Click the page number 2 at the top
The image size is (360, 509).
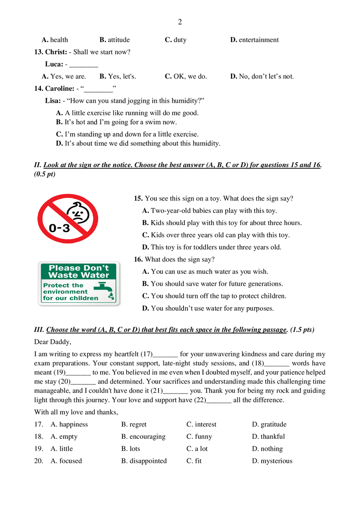tap(180, 22)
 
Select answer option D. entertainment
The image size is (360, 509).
tap(254, 40)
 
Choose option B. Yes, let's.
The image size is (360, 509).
tap(118, 76)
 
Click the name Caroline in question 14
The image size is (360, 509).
tap(60, 89)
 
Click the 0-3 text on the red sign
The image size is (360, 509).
tap(59, 228)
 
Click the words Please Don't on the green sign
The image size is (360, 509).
tap(79, 268)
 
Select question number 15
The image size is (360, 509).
tap(138, 198)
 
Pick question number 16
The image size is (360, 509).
tap(138, 259)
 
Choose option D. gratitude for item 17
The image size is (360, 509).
tap(269, 424)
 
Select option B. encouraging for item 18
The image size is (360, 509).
tap(143, 437)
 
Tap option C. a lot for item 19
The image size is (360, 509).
tap(197, 449)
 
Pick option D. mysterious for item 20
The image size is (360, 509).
tap(272, 461)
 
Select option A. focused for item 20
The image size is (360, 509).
tap(66, 461)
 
